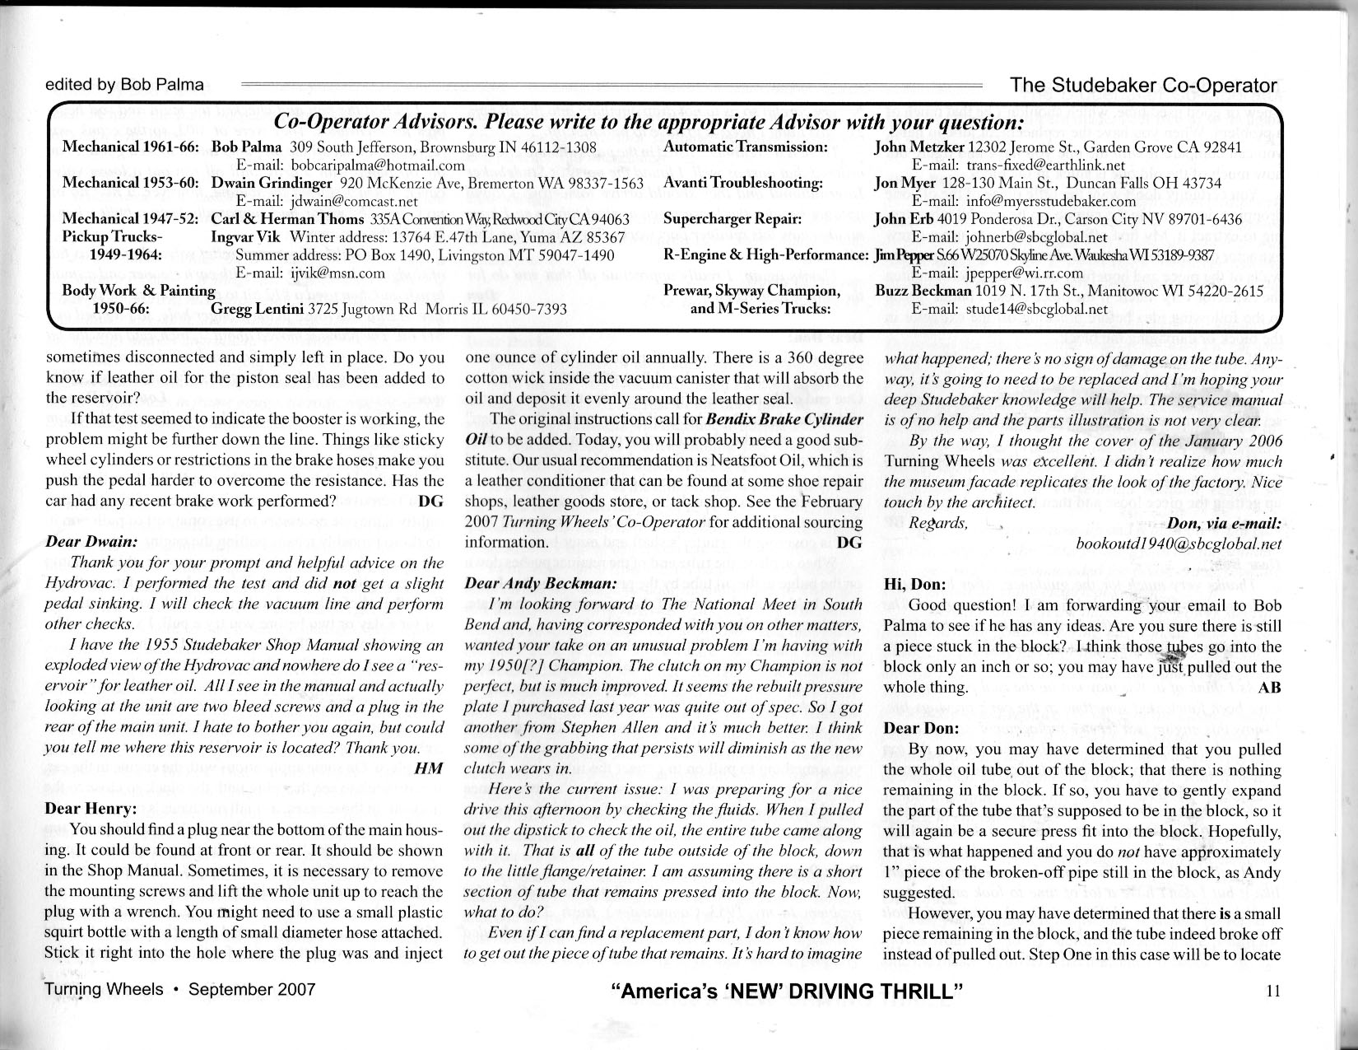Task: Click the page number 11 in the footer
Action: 1273,992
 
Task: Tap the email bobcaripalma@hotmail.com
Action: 339,165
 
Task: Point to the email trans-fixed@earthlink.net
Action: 1023,165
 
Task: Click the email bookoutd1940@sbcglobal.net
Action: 1179,544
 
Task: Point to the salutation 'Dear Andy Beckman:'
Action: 541,583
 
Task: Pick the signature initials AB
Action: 1270,688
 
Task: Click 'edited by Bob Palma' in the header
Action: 125,84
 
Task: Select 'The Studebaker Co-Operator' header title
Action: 1143,85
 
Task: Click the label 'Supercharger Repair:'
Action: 732,219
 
